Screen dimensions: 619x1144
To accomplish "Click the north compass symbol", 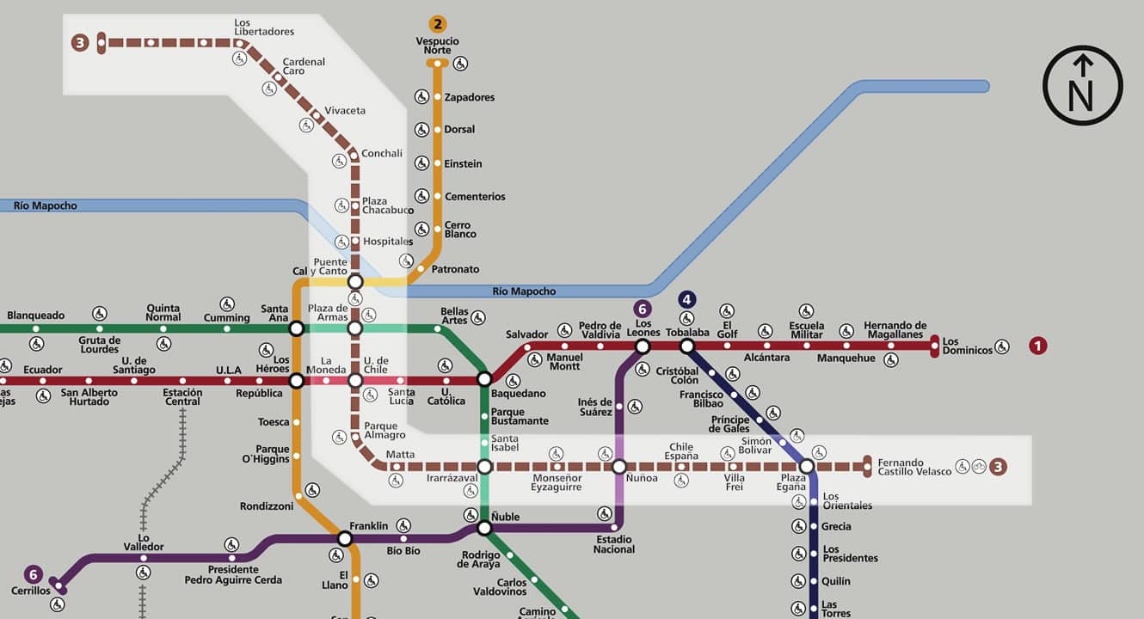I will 1082,85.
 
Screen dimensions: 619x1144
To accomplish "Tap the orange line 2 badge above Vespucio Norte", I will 438,24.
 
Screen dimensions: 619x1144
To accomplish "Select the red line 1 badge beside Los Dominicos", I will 1038,346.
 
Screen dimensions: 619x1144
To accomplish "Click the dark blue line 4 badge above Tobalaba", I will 686,299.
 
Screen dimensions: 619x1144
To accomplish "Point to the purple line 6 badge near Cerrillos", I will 33,574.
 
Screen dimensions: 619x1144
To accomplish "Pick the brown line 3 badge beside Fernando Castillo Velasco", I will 998,467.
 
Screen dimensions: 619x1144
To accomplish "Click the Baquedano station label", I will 518,394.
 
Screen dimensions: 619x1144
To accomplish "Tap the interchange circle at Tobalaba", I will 686,346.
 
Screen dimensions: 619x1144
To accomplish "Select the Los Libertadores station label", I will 263,28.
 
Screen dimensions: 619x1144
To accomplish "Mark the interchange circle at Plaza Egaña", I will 806,467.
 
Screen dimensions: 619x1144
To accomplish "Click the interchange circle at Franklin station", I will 345,539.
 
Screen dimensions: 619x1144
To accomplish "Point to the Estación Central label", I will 182,397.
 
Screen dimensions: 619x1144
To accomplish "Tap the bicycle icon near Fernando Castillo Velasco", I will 979,467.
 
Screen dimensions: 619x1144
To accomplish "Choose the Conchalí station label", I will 382,154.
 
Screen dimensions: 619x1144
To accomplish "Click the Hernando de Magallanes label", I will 895,330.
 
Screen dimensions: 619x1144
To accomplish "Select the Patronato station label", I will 455,269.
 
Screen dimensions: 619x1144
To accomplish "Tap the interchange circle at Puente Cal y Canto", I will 355,282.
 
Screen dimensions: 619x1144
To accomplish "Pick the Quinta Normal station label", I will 163,312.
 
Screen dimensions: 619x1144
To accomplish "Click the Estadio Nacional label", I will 613,544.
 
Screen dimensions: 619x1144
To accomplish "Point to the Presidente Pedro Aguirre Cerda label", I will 233,574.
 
